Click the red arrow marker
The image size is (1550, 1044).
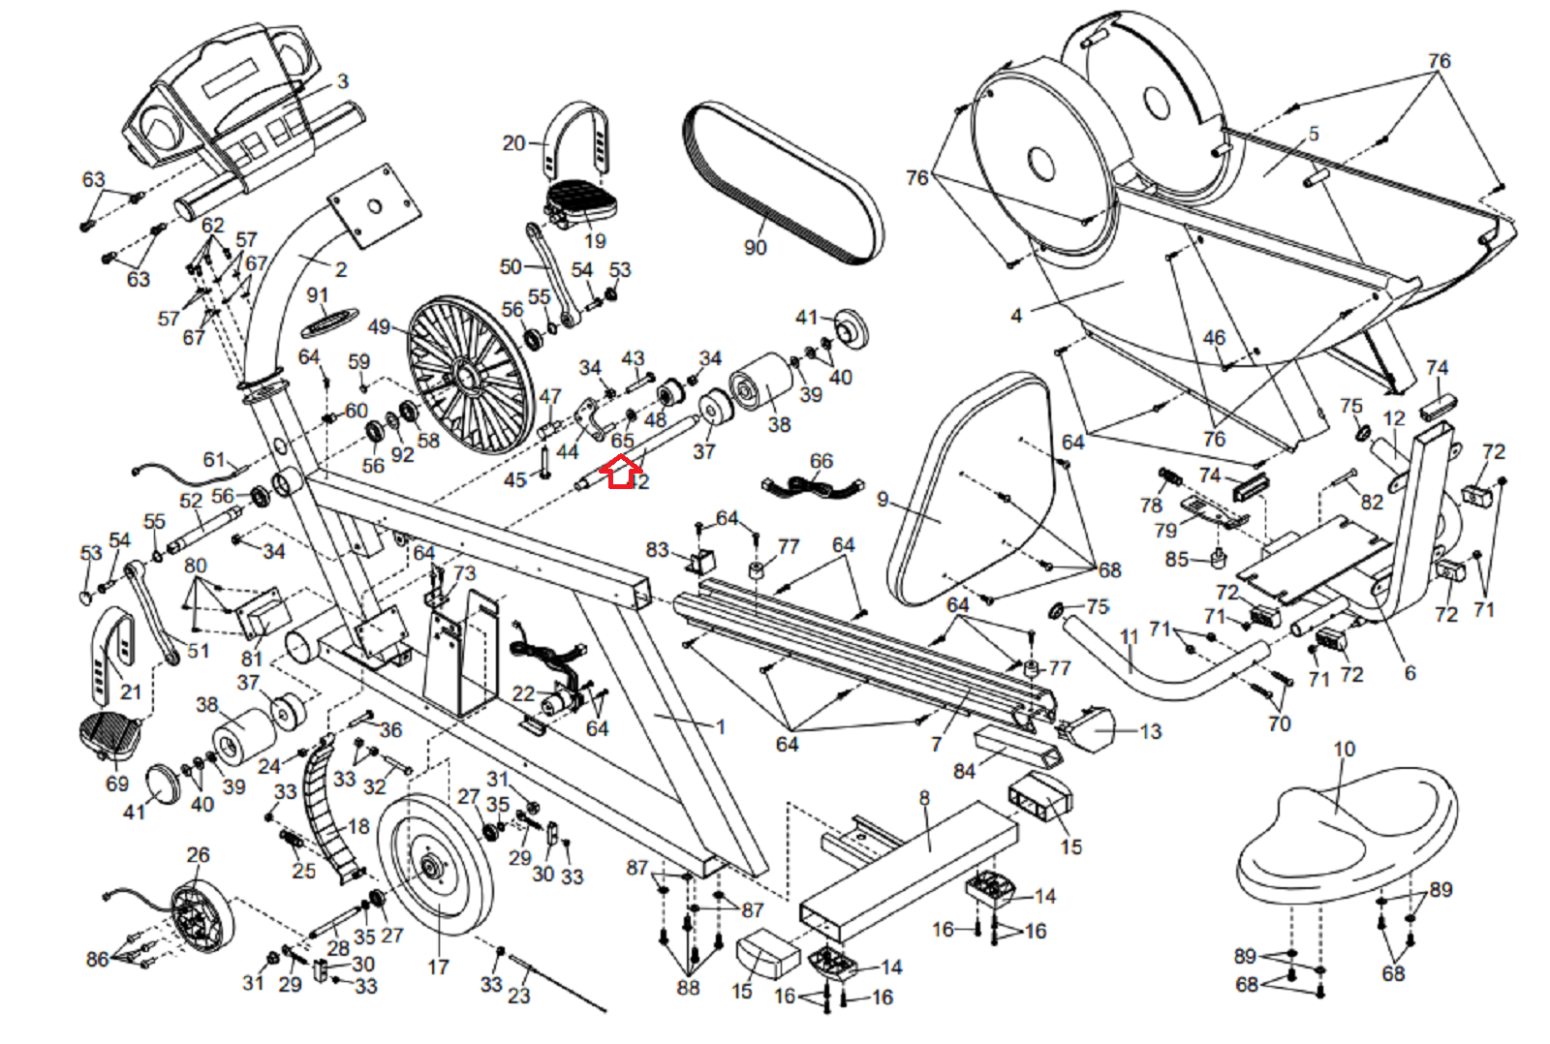(x=621, y=473)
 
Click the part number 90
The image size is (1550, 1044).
(x=755, y=247)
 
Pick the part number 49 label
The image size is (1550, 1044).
(x=379, y=327)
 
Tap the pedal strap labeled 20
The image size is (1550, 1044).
(x=578, y=136)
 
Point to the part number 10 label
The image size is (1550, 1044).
(x=1344, y=749)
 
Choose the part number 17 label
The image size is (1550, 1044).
(x=438, y=967)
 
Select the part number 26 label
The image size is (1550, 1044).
(x=198, y=855)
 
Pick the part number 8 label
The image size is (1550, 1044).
(x=924, y=798)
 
